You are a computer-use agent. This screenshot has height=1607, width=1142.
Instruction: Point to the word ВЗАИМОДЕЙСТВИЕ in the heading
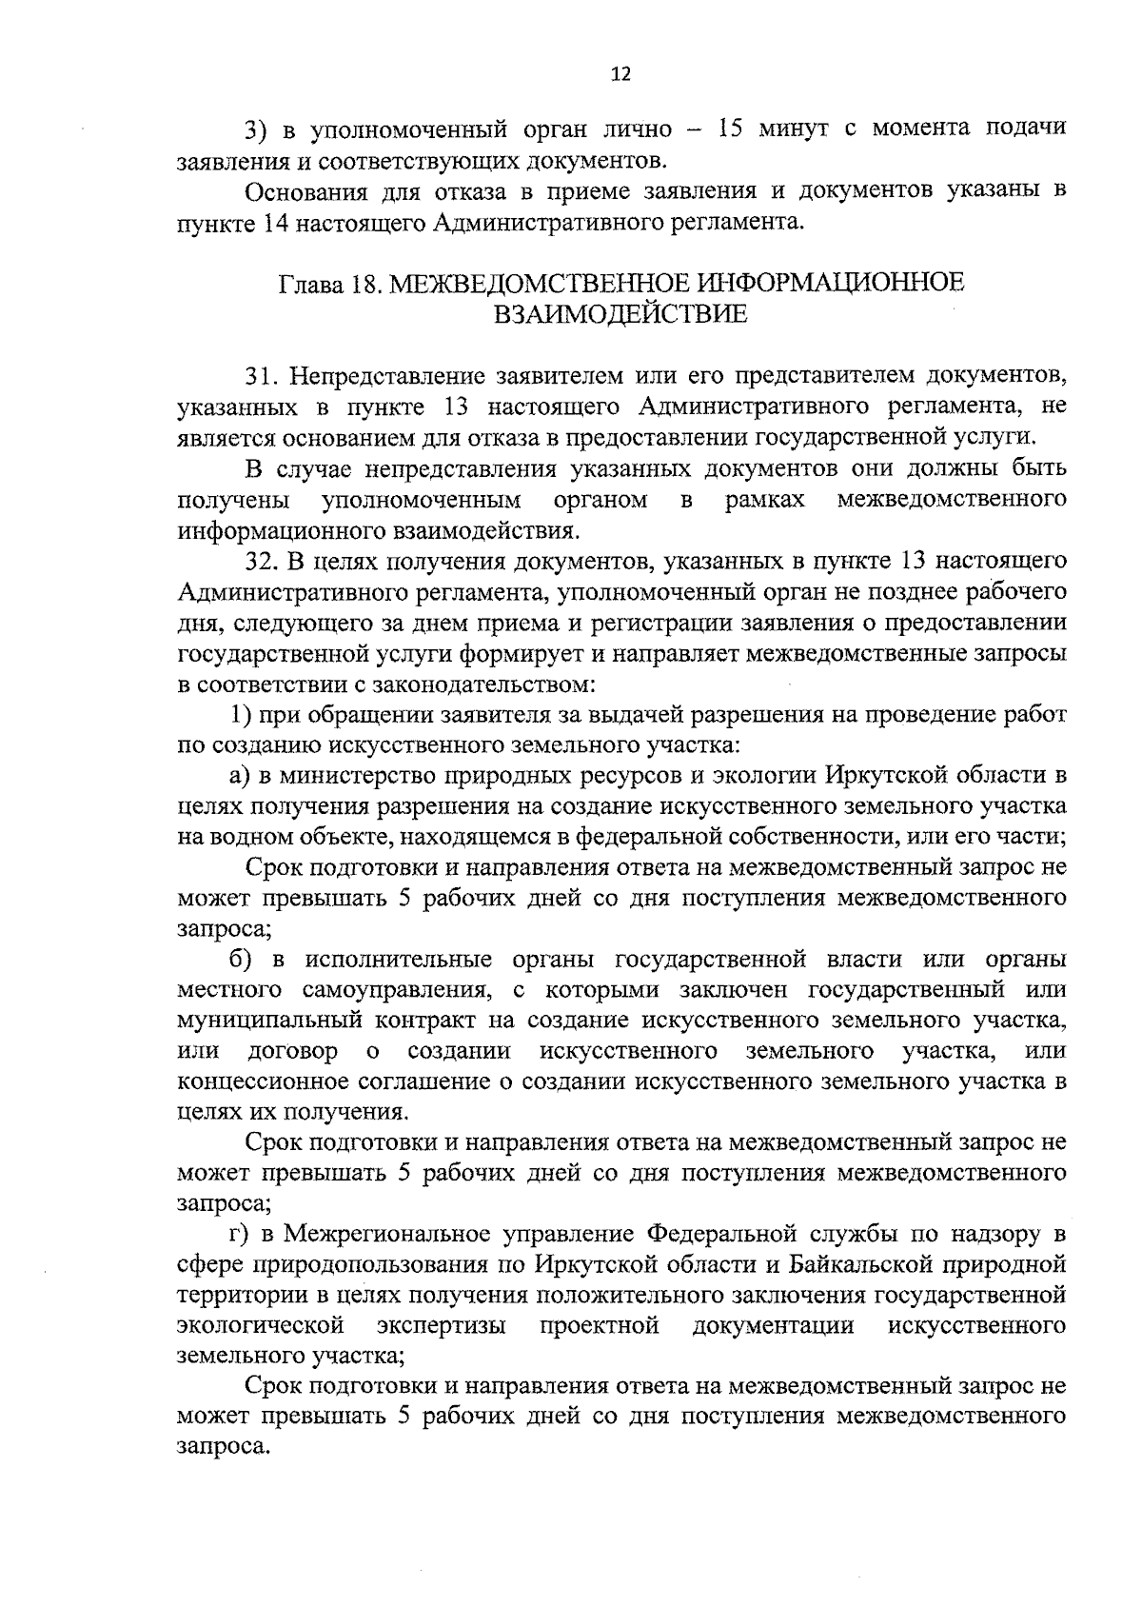coord(620,314)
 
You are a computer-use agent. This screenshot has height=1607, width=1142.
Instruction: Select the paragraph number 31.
coord(260,376)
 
